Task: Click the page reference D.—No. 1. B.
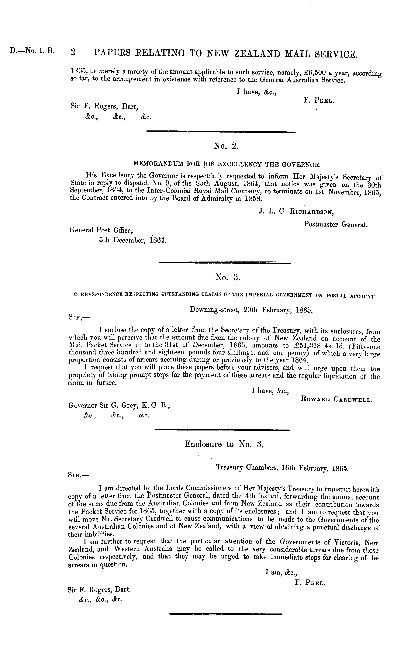(32, 51)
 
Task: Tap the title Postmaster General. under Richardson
(336, 225)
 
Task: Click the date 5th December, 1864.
(133, 240)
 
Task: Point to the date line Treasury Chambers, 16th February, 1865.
(282, 468)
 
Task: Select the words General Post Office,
(101, 230)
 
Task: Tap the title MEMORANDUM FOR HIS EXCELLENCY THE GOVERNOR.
(227, 164)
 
